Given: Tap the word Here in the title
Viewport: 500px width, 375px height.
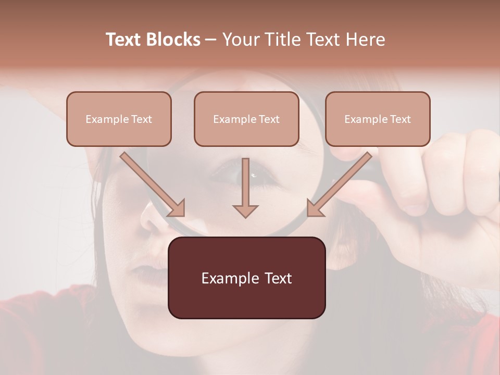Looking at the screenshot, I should [365, 40].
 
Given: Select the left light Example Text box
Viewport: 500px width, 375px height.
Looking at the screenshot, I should [119, 119].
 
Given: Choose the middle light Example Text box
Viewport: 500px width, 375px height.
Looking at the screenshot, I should [246, 119].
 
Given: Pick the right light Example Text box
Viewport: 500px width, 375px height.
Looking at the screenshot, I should [378, 119].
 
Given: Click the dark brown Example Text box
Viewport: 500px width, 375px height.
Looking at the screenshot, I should [246, 278].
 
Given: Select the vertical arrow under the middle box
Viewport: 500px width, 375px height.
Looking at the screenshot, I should [245, 187].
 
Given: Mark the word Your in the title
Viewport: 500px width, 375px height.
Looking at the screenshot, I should [239, 40].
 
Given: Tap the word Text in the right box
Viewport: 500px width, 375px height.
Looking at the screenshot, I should [400, 119].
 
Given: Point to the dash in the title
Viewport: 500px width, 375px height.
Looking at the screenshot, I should [211, 40].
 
